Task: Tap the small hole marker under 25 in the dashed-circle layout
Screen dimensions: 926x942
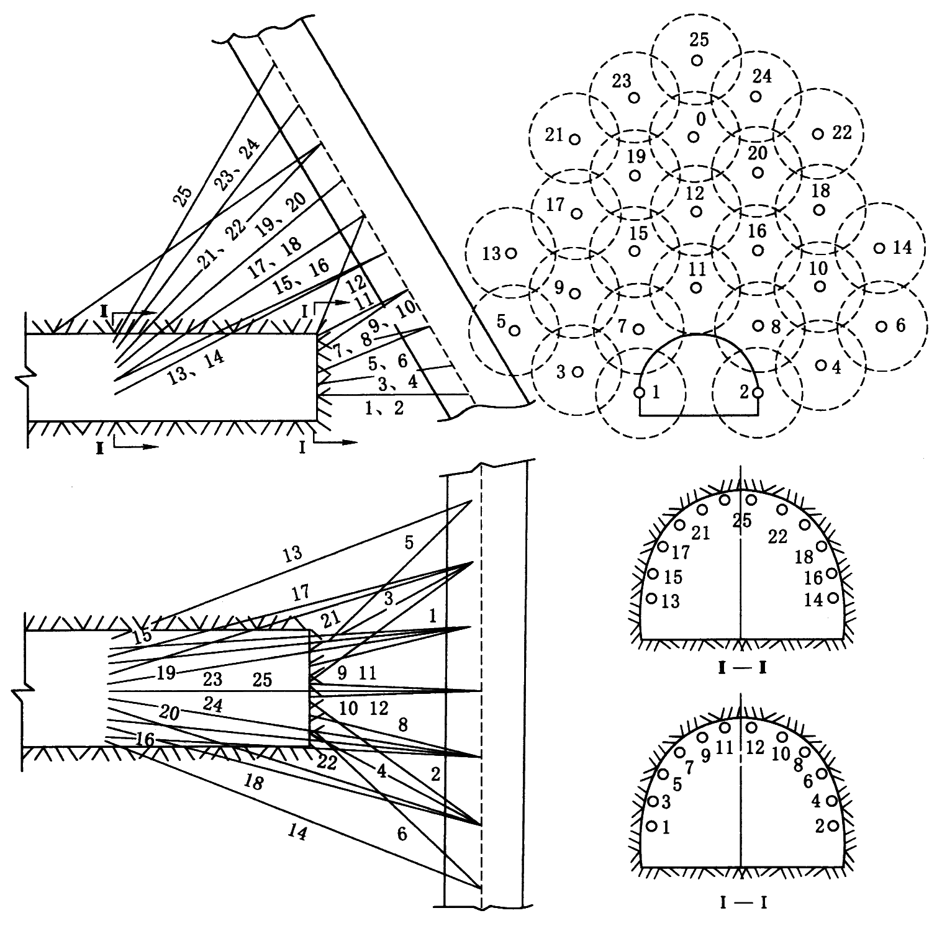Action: [697, 60]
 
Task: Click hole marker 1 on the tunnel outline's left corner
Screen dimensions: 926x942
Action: [639, 392]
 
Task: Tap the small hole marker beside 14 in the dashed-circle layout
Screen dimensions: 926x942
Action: [879, 248]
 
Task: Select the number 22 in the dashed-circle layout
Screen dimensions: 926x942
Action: [842, 133]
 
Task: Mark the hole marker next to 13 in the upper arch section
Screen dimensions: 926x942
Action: [651, 598]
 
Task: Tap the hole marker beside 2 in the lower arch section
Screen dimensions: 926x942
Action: [833, 825]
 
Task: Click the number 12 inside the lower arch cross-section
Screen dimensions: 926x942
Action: [754, 747]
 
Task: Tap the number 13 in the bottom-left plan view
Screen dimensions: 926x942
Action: [291, 552]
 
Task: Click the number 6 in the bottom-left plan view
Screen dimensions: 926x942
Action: [402, 834]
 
